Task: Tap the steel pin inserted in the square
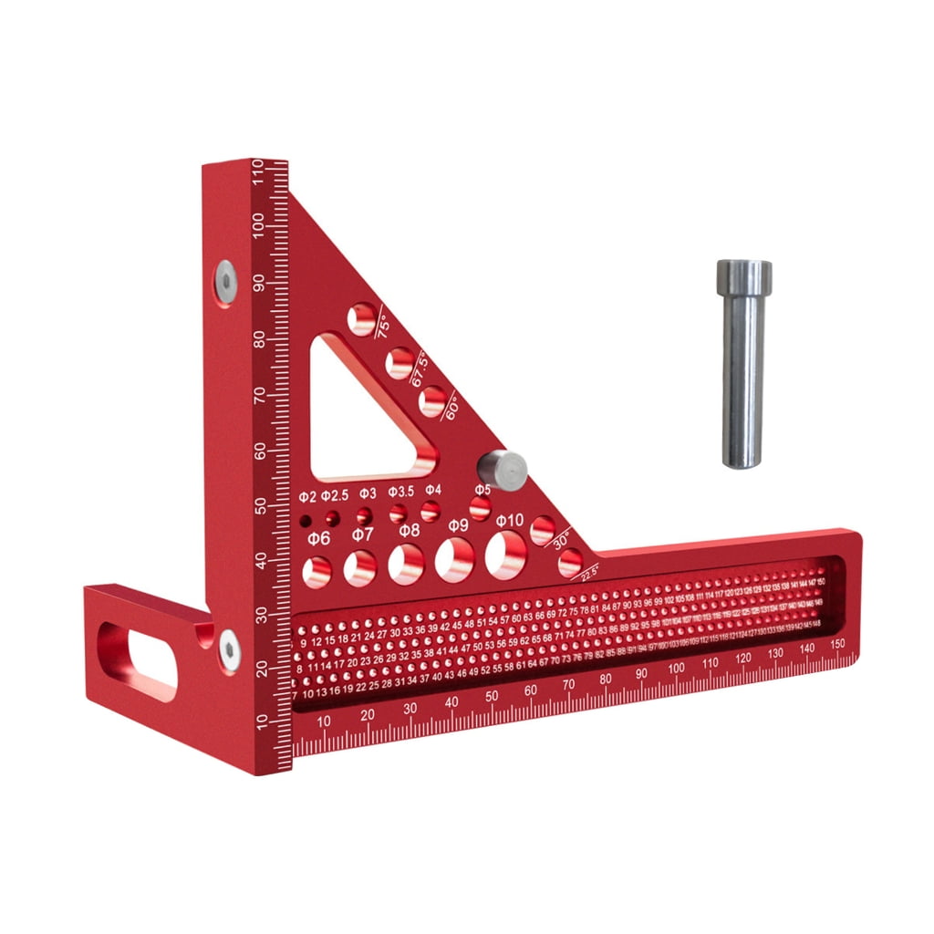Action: click(x=503, y=470)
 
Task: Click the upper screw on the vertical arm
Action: click(x=225, y=280)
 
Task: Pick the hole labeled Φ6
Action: click(x=317, y=571)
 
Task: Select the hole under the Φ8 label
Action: click(x=406, y=564)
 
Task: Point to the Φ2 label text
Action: click(x=307, y=496)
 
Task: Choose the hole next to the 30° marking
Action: click(x=543, y=530)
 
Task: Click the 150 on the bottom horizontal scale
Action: click(x=838, y=643)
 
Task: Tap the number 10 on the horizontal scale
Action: click(x=324, y=721)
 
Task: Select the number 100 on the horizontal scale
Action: click(x=675, y=669)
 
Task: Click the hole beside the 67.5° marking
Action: click(x=399, y=363)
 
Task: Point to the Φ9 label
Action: click(x=458, y=525)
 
